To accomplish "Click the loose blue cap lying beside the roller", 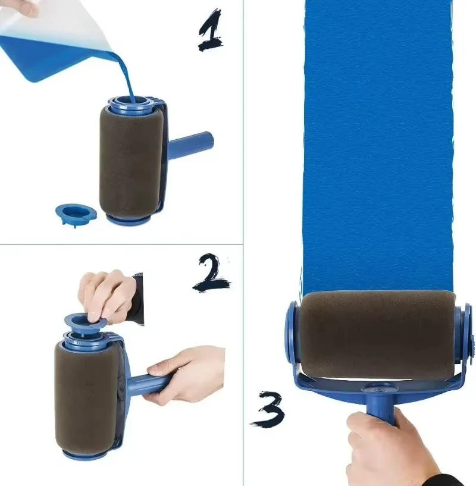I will tap(75, 213).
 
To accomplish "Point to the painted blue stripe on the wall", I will tap(378, 149).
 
